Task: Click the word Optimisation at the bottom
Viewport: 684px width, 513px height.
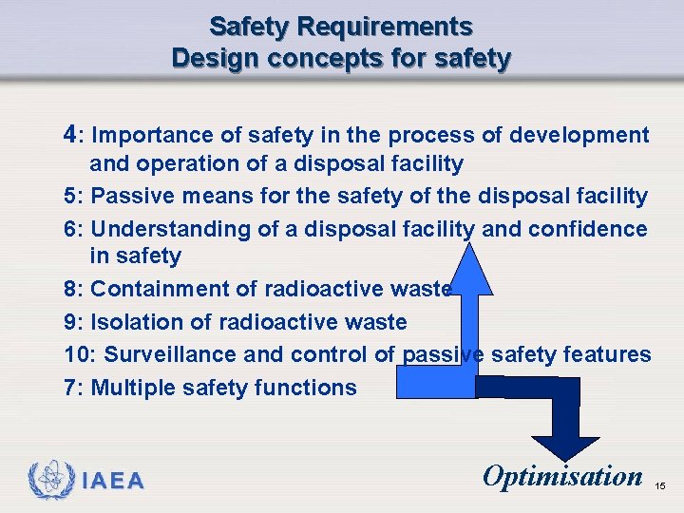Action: pos(562,475)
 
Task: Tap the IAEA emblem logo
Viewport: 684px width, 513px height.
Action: pos(48,480)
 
